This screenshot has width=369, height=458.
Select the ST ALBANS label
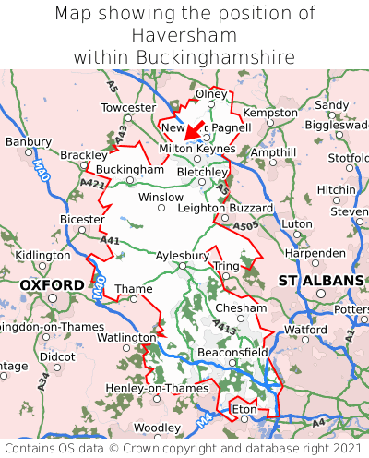(x=321, y=280)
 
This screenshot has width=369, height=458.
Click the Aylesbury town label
(x=182, y=255)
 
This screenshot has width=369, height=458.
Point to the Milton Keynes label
(x=197, y=148)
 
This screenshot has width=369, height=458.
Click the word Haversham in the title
(x=184, y=35)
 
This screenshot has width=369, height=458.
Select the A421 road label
(x=92, y=184)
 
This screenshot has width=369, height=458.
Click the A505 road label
(x=245, y=225)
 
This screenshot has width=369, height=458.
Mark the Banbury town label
(x=28, y=142)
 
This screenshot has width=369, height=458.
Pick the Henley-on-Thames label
(x=145, y=388)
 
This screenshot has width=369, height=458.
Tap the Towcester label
(x=128, y=108)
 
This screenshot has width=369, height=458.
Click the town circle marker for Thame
(x=134, y=299)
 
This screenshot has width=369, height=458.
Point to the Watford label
(x=305, y=329)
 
